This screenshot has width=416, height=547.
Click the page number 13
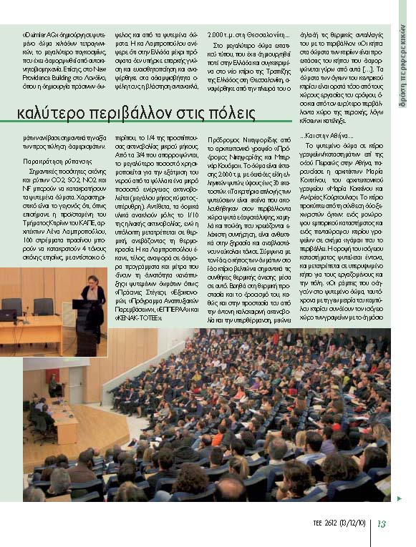click(x=382, y=523)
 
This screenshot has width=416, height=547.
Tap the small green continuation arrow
click(x=400, y=498)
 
